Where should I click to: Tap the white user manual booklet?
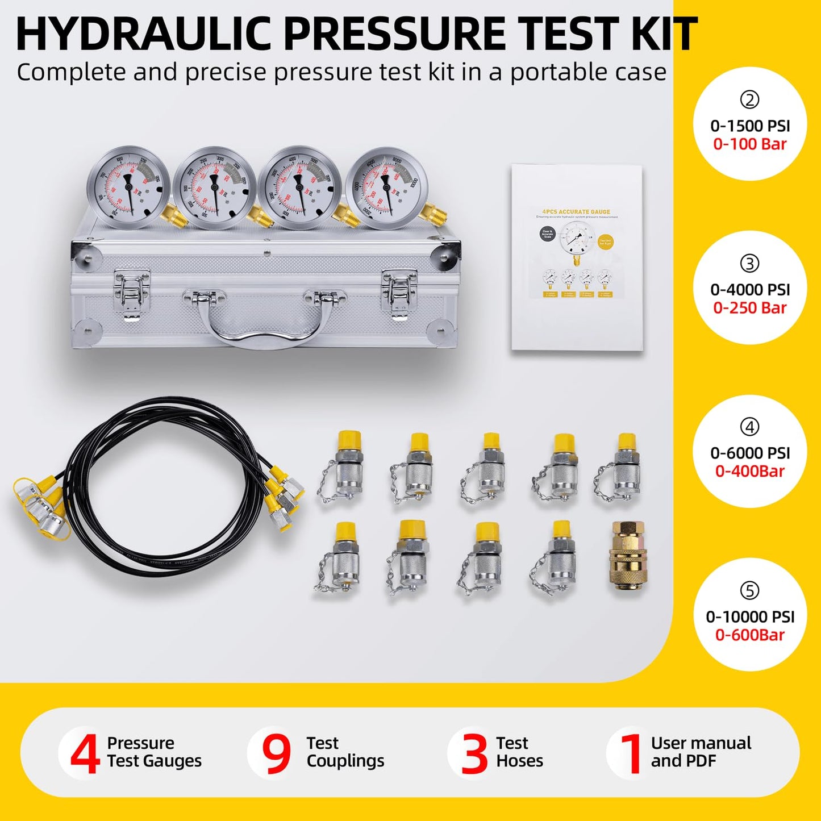577,259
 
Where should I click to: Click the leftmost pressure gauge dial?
128,188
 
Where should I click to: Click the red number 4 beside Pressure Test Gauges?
85,753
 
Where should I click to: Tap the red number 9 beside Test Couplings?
276,753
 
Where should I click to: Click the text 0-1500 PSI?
750,126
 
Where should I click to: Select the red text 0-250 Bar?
750,308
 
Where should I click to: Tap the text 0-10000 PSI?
750,617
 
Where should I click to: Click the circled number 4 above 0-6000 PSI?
749,427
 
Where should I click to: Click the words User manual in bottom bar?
701,743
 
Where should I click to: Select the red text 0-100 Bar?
750,144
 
